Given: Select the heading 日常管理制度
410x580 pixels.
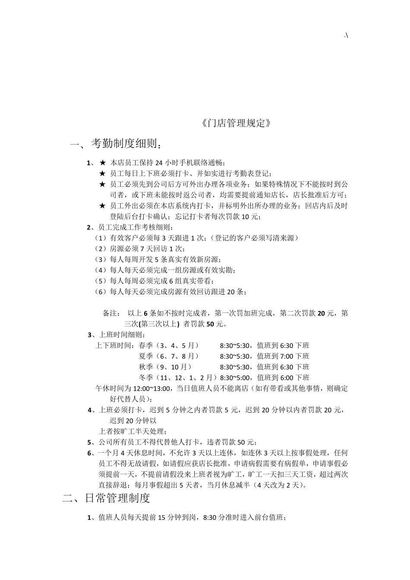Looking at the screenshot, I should (117, 498).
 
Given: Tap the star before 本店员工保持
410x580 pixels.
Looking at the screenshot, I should (102, 163).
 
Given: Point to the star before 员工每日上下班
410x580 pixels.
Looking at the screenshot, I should (102, 174).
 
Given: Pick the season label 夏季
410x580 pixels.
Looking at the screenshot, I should (146, 356).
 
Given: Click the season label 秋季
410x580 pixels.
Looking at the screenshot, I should (146, 367).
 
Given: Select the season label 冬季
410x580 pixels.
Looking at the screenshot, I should (146, 378).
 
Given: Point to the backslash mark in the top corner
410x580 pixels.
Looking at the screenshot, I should (346, 36).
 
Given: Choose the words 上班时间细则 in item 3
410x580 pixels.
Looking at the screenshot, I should (122, 335).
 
